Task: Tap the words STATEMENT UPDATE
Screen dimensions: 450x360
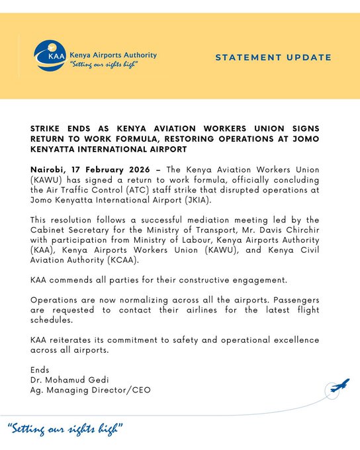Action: tap(273, 58)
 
